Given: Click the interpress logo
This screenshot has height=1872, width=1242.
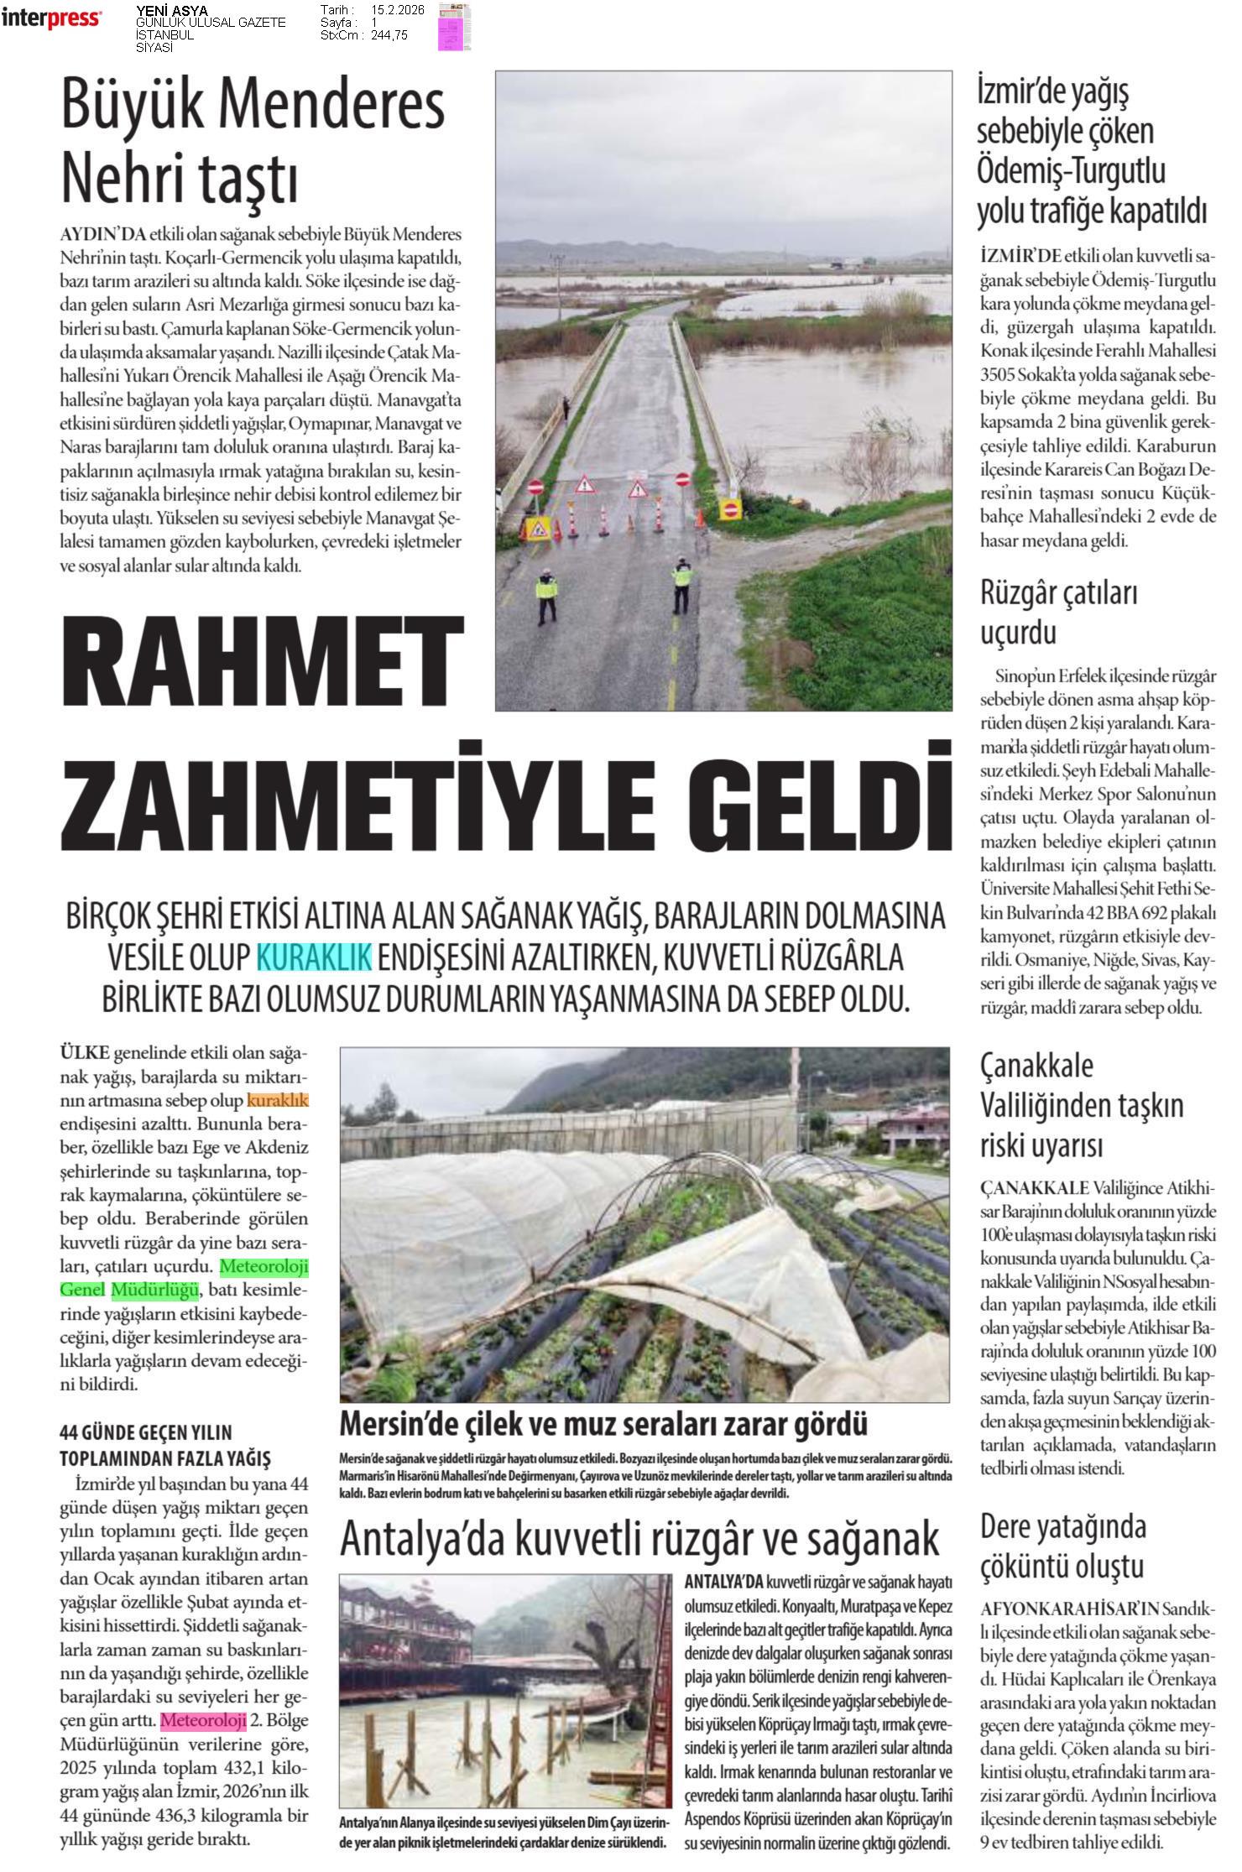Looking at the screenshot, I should pyautogui.click(x=52, y=18).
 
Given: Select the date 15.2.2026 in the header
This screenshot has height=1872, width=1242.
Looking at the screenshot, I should pyautogui.click(x=398, y=10).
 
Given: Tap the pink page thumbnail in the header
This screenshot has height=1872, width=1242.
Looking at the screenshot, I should pyautogui.click(x=454, y=27).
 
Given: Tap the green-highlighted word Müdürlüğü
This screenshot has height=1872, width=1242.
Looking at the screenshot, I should pyautogui.click(x=154, y=1289).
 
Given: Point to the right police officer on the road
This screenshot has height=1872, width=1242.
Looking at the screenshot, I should pyautogui.click(x=681, y=587).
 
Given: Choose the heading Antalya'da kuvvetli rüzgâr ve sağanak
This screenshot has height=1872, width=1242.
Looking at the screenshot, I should pyautogui.click(x=639, y=1539).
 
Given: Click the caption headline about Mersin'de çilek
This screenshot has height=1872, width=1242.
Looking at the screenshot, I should pyautogui.click(x=603, y=1423).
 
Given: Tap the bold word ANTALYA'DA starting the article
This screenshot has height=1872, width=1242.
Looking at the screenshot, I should pyautogui.click(x=723, y=1582).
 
